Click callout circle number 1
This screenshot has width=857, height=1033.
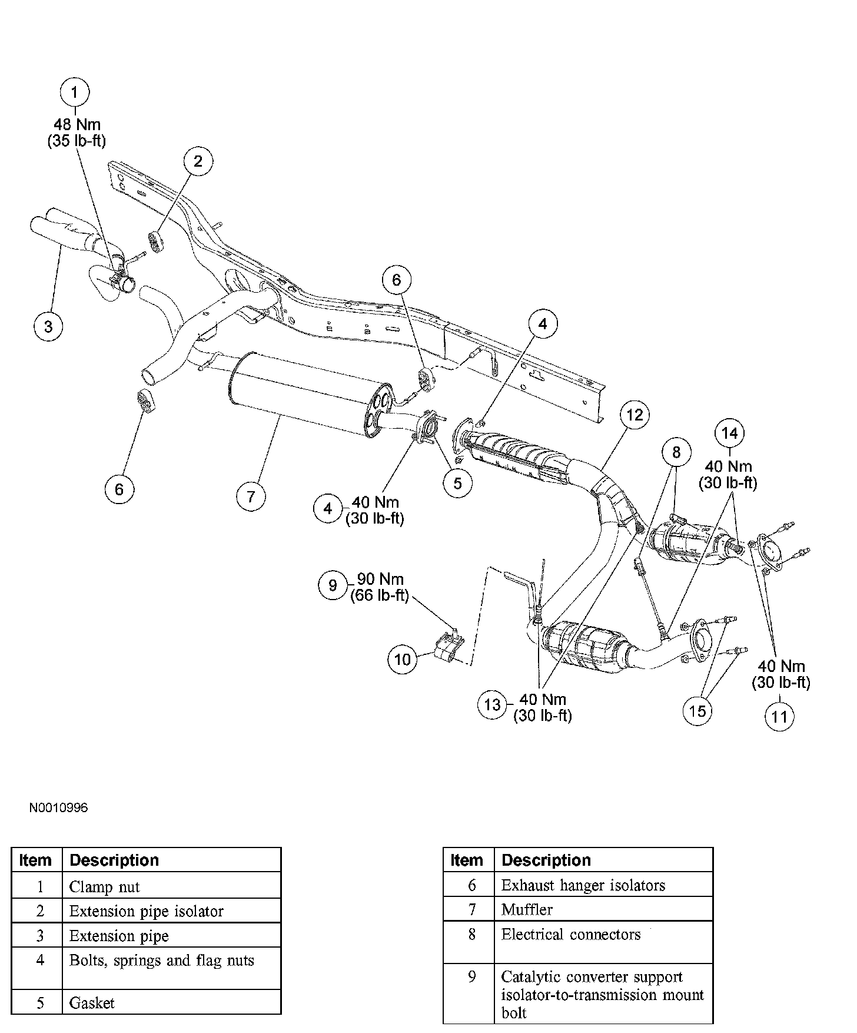click(74, 92)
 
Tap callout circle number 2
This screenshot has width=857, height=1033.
click(198, 161)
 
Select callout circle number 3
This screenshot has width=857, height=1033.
click(48, 326)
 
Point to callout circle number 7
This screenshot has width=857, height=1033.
click(251, 496)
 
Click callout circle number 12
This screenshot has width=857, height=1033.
click(635, 415)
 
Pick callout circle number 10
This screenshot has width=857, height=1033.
click(402, 659)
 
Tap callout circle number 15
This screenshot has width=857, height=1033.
click(697, 711)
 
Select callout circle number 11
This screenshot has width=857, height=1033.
click(779, 717)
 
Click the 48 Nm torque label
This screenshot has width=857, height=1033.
click(77, 125)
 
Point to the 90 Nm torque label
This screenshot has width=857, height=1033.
click(380, 580)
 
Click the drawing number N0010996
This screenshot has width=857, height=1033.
click(58, 807)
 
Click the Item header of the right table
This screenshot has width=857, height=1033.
click(467, 860)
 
